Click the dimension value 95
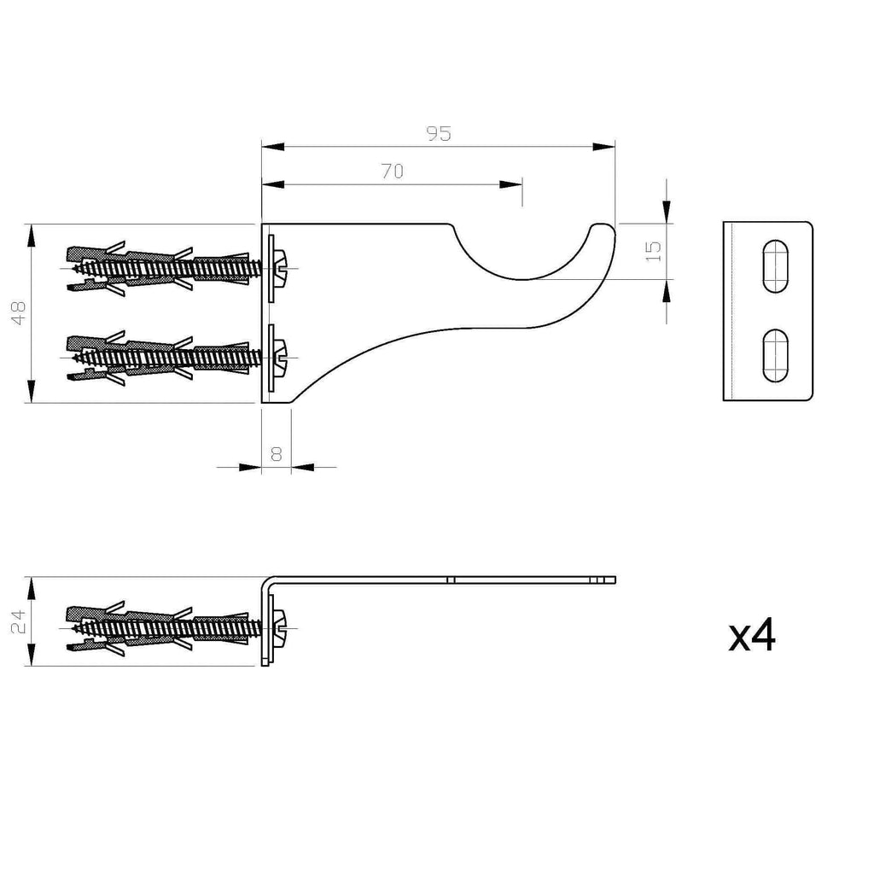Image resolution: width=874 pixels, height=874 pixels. [x=438, y=133]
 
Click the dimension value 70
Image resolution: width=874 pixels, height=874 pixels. [x=392, y=172]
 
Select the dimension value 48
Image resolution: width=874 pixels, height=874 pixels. [x=20, y=313]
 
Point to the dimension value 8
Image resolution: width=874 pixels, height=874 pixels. [x=276, y=453]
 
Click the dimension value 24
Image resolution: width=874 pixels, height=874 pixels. [x=20, y=621]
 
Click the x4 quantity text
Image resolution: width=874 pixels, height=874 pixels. [x=752, y=636]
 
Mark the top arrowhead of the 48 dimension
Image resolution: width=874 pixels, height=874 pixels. [x=32, y=235]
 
